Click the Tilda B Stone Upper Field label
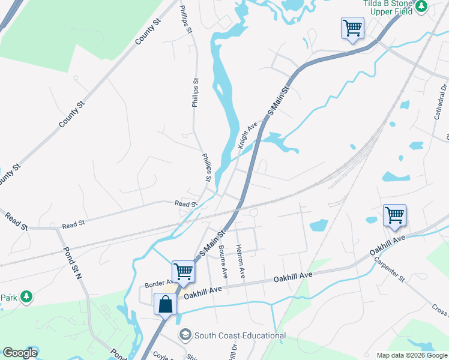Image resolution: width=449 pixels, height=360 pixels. (x=388, y=7)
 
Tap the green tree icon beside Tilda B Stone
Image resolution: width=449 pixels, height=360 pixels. (x=421, y=6)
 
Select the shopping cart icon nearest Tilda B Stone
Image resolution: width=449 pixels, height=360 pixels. (x=352, y=28)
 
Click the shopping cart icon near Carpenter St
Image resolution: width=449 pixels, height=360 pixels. (x=394, y=215)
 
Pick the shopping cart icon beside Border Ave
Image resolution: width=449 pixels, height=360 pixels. (x=183, y=271)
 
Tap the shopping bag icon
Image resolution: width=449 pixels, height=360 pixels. (x=165, y=304)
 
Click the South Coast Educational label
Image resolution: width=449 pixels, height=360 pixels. (x=240, y=335)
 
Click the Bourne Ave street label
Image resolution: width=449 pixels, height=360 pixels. (x=223, y=261)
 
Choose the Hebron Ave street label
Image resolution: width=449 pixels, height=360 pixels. (x=241, y=261)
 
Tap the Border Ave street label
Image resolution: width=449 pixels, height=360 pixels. (x=158, y=282)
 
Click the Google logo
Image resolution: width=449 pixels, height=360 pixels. (x=19, y=353)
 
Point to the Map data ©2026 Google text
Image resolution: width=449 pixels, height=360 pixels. (x=411, y=355)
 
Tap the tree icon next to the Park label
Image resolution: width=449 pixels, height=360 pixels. (x=26, y=296)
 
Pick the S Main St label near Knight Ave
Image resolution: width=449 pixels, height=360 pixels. (x=278, y=101)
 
